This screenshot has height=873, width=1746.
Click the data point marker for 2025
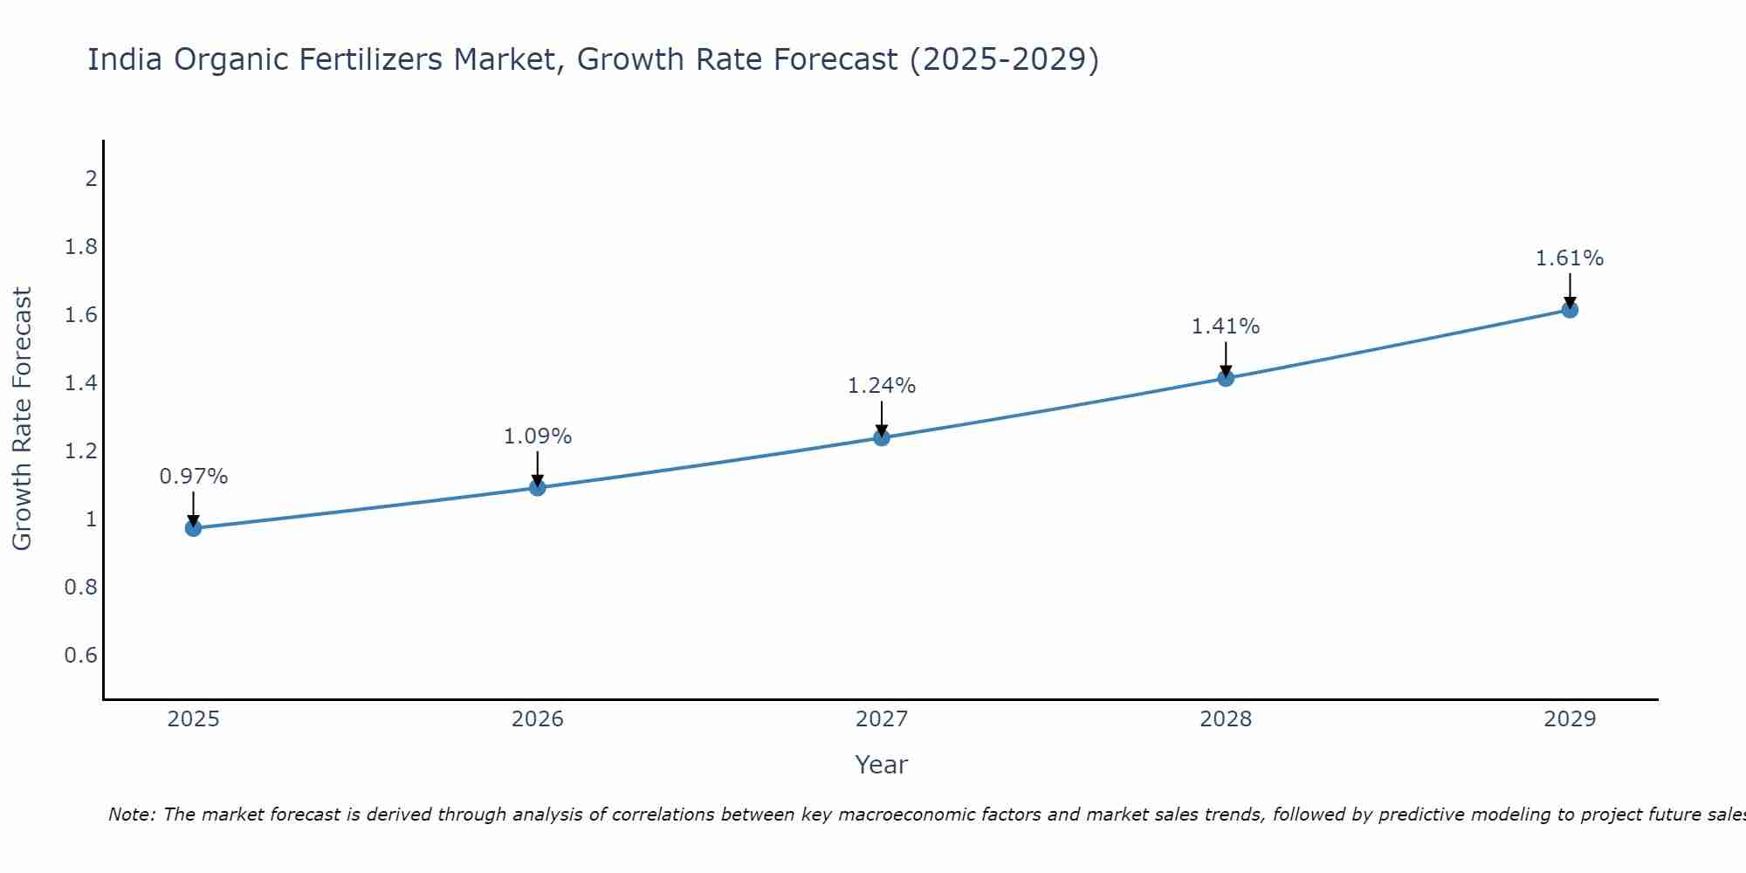194,528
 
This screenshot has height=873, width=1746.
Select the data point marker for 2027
882,437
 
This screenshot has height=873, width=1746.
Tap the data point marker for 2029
1570,310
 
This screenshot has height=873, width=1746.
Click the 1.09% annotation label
538,436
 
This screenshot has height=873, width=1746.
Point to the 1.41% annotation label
1226,327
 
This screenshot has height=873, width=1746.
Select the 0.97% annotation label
194,477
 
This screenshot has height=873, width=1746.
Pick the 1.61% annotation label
1570,258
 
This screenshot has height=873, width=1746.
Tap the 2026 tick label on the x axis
538,719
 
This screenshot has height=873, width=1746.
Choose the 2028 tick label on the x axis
1226,719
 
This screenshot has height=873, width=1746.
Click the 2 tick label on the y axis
91,179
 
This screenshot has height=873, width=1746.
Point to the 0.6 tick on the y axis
80,656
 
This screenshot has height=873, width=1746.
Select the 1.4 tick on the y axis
80,383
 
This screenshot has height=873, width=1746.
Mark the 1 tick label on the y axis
91,519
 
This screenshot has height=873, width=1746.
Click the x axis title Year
882,765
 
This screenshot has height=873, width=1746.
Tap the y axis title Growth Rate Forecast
23,419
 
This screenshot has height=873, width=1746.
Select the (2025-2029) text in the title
1004,60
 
